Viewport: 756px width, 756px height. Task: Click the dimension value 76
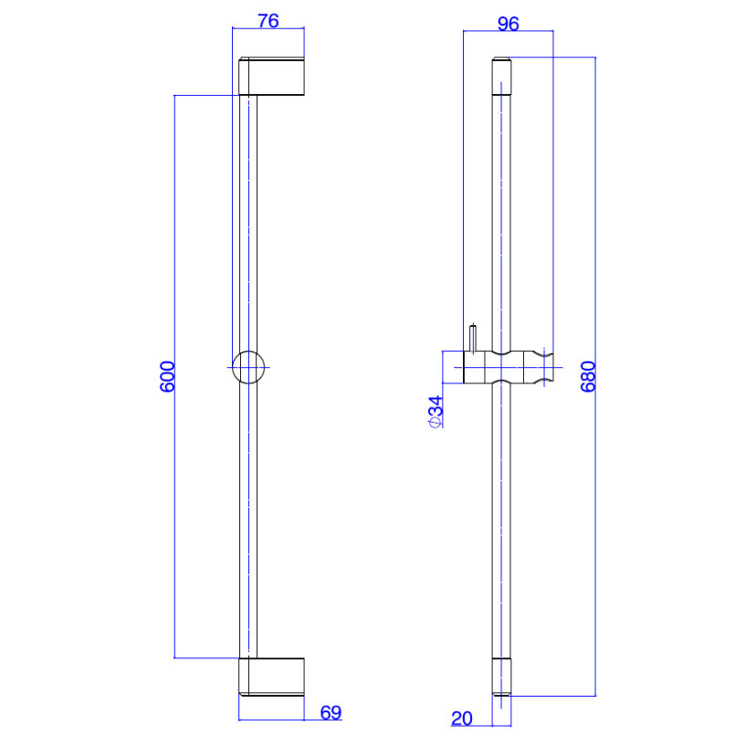268,21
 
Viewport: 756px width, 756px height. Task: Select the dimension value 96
509,24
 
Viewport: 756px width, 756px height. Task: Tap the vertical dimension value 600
167,376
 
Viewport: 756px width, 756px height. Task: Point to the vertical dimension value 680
588,376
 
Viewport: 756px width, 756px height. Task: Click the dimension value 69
331,712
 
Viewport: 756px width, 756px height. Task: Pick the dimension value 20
461,719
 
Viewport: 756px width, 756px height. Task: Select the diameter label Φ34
436,411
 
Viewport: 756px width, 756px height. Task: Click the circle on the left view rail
233,367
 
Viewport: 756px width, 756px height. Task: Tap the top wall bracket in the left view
271,76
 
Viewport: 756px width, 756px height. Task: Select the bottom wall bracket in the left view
271,677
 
